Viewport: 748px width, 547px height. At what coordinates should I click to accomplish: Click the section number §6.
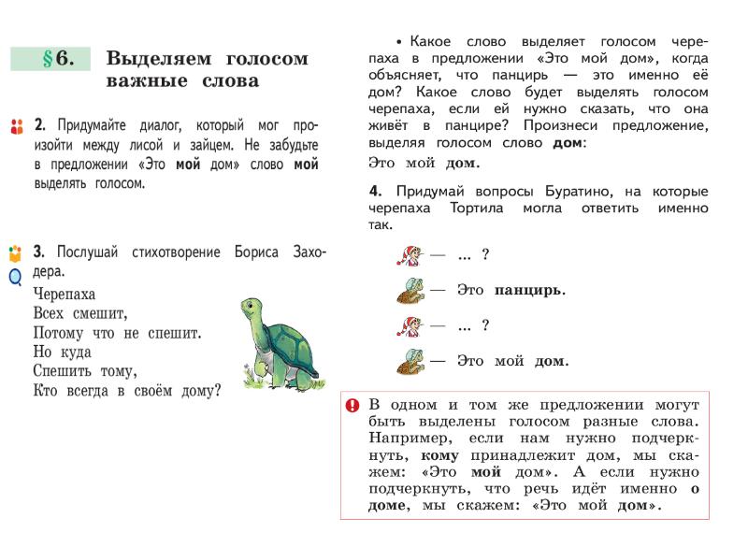tap(57, 58)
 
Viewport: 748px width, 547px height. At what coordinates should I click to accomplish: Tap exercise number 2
tap(39, 124)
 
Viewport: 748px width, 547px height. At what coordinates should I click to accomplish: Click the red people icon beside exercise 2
tap(14, 125)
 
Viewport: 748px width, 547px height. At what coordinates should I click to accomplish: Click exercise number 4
tap(374, 192)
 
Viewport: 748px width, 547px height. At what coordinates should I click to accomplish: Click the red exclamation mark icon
tap(352, 406)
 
